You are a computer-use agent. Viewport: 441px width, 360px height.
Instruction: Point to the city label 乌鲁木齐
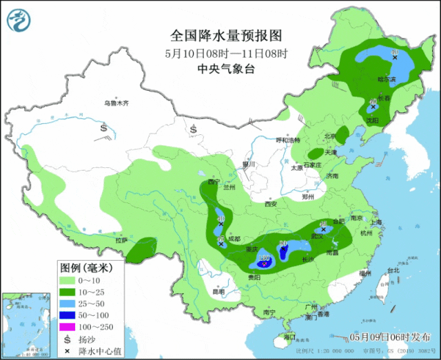coord(116,103)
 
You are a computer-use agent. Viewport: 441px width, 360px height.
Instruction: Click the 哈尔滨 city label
coord(387,79)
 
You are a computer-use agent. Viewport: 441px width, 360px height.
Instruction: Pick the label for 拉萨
coord(121,240)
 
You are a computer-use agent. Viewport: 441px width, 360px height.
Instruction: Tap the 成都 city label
coord(235,239)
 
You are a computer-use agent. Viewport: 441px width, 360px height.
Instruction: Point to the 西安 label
coord(270,204)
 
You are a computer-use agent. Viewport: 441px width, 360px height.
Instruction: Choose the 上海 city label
coord(376,222)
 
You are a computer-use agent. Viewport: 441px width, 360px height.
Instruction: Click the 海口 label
coord(289,337)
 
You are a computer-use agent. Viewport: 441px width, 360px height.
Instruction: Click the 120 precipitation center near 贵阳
coord(263,262)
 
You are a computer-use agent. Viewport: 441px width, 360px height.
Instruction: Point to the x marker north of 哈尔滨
coord(394,58)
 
